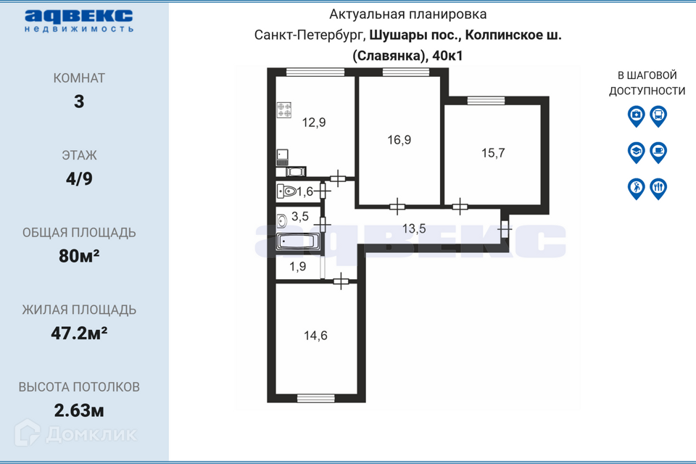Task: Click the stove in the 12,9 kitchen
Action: tap(284, 110)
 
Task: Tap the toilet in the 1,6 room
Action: tap(289, 192)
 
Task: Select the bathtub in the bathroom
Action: tap(298, 242)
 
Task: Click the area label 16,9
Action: tap(399, 140)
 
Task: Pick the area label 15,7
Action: tap(493, 152)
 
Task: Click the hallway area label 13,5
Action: tap(414, 228)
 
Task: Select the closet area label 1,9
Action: tap(298, 267)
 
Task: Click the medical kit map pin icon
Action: tap(636, 115)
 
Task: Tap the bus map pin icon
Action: tap(658, 115)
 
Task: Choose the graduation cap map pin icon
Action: tap(636, 152)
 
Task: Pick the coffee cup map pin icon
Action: tap(658, 152)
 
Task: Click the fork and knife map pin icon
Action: tap(658, 188)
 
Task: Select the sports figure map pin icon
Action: tap(636, 188)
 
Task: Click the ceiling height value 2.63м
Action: tap(79, 410)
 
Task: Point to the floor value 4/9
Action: tap(79, 178)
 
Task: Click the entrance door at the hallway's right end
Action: tap(505, 229)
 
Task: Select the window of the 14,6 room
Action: tap(315, 397)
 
